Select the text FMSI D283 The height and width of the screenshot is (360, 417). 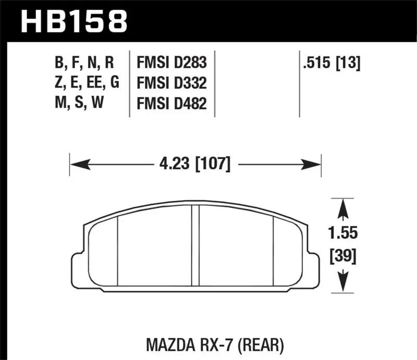point(171,64)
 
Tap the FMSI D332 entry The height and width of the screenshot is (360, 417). point(171,83)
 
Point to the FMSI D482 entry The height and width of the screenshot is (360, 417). point(171,104)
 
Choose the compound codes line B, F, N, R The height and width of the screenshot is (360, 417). point(84,64)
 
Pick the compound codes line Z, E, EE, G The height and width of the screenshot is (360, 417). point(87,83)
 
